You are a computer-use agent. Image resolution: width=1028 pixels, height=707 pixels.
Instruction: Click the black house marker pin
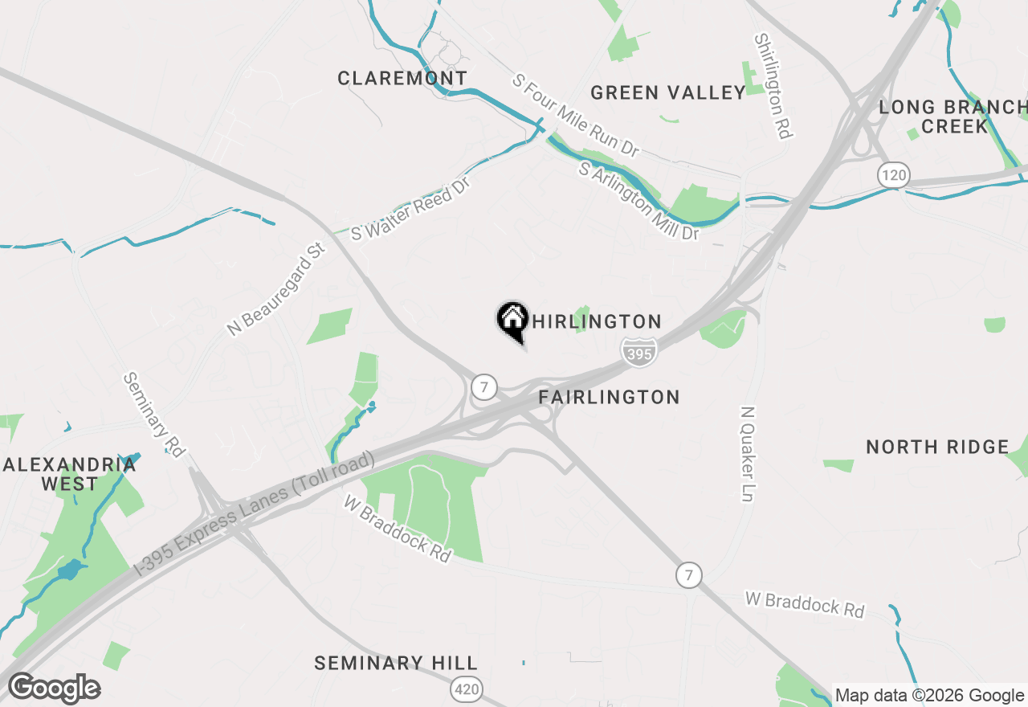512,321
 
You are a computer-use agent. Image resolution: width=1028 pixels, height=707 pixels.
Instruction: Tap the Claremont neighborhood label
402,78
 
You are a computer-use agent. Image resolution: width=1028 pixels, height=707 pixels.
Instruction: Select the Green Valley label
668,93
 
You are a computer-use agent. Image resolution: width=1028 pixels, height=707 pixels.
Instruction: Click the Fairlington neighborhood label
609,397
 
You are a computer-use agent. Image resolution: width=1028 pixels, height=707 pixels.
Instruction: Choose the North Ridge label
937,447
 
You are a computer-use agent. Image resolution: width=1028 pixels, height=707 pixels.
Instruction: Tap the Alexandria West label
70,474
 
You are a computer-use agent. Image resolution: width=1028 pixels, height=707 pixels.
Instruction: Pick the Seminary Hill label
396,663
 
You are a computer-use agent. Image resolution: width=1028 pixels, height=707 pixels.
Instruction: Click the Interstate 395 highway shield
638,352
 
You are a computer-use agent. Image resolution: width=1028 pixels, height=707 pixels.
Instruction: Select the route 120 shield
892,175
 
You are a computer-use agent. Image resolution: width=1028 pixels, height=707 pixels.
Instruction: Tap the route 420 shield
467,689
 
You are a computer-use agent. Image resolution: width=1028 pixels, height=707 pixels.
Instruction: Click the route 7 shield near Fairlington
483,386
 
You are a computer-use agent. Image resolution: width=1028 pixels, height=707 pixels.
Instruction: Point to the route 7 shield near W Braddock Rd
687,574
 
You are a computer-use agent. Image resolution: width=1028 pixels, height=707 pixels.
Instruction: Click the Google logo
54,689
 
